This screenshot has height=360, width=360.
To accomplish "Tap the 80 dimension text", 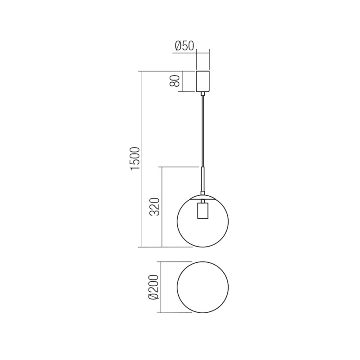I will click(176, 81).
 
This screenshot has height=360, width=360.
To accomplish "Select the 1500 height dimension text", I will click(135, 159).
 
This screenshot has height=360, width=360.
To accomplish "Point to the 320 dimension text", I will click(154, 207).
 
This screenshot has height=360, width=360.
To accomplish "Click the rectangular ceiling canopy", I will click(203, 81).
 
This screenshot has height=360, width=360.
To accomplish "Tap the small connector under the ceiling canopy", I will click(203, 94).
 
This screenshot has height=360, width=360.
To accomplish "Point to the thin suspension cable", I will click(203, 130).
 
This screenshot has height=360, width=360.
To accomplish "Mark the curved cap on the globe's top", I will click(203, 197).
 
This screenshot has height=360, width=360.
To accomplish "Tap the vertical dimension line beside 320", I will click(162, 207).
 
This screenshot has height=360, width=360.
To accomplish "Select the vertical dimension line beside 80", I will click(182, 81).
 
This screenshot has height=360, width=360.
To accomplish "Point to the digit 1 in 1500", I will click(135, 169).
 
